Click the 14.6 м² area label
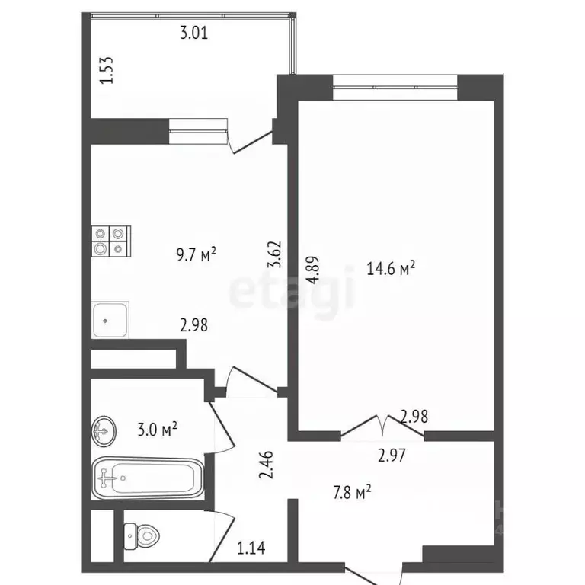coord(391,268)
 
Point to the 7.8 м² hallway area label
coord(351,492)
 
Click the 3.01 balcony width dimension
coord(193,33)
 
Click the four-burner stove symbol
coord(110,240)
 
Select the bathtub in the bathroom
coord(148,478)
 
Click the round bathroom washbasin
coord(104,431)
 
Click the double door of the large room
coord(382,427)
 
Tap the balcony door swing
coord(251,142)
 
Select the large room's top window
coord(395,87)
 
